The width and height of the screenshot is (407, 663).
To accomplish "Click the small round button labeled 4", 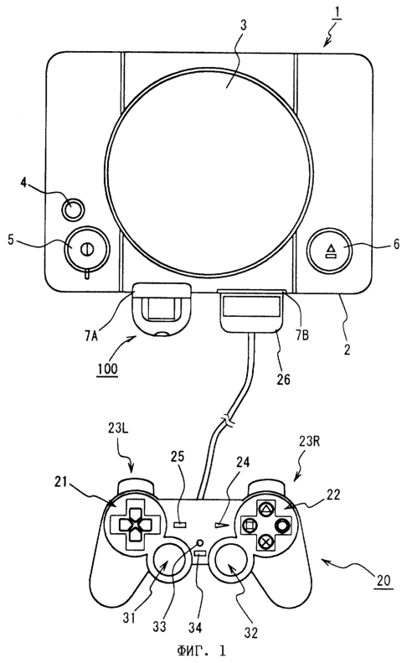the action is tap(73, 208).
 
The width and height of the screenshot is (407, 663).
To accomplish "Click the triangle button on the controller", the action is tap(265, 509).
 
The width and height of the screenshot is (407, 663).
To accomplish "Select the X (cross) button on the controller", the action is tap(265, 541).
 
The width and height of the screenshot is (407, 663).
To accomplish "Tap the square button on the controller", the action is tap(249, 526).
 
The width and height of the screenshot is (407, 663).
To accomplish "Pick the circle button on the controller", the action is tap(282, 526).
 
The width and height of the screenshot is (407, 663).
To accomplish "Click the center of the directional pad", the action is tap(133, 525).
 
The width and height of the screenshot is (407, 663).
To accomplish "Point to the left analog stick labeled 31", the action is tap(166, 563).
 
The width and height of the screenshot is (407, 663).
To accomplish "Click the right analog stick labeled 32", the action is tap(229, 563).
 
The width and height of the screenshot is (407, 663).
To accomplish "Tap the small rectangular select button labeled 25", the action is tap(180, 525).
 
